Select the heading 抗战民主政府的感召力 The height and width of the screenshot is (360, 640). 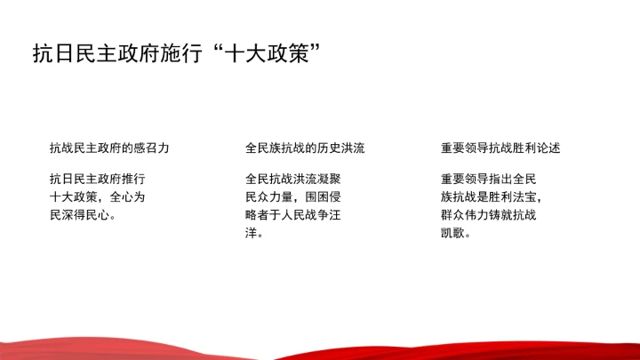108,148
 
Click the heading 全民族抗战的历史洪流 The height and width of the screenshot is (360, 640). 305,148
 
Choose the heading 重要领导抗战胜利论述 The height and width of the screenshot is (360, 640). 500,148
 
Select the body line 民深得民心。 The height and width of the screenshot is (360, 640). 84,214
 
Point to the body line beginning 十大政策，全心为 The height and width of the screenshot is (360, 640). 97,196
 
